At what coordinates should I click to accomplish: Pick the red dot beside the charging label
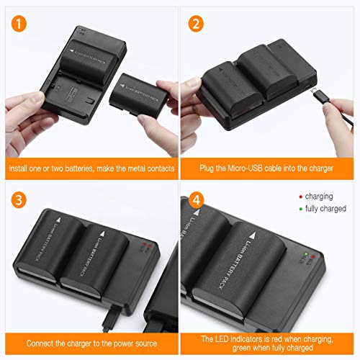pos(300,195)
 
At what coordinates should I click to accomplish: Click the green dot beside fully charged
pos(300,209)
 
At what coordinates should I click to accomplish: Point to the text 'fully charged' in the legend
pos(325,209)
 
